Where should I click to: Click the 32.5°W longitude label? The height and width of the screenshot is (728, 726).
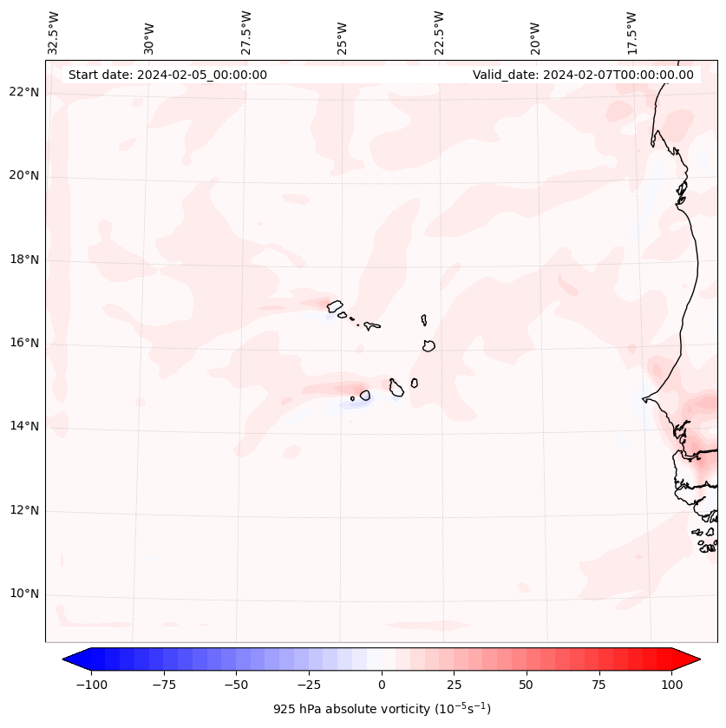pos(54,32)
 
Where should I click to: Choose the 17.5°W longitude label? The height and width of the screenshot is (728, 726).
pos(631,32)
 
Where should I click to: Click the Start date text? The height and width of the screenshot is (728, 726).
pos(167,75)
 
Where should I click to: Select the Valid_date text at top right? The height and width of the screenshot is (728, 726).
pos(583,75)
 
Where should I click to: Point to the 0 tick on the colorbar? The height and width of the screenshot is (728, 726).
pos(382,685)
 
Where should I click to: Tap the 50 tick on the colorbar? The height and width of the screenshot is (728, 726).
pos(527,685)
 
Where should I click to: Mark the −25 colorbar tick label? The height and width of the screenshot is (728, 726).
pos(309,685)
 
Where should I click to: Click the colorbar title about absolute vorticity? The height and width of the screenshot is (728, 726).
pos(382,709)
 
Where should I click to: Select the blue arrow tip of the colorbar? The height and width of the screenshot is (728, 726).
pos(70,660)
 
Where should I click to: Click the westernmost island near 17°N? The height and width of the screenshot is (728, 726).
pos(335,305)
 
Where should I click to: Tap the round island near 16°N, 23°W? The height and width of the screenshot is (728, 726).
pos(428,345)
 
